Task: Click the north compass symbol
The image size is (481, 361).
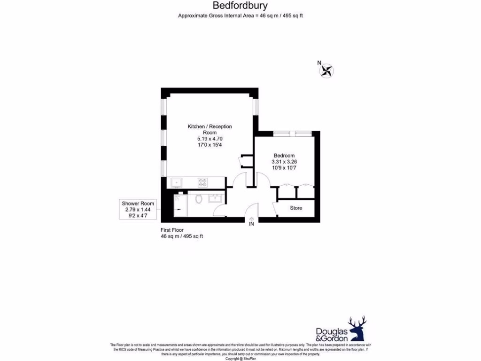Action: (x=326, y=71)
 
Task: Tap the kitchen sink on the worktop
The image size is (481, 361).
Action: (x=177, y=182)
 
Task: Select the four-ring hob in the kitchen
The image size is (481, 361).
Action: (x=203, y=182)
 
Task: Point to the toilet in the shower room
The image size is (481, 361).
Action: (x=199, y=199)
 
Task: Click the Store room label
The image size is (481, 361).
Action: (x=296, y=208)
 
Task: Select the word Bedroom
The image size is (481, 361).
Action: (x=284, y=156)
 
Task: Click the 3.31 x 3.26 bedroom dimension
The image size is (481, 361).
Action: (x=284, y=162)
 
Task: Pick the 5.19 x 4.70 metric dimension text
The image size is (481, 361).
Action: (x=209, y=139)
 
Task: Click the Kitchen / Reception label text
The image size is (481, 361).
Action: (x=209, y=126)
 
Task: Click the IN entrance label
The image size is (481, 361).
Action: (x=251, y=224)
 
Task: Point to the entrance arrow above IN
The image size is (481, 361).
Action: (x=251, y=219)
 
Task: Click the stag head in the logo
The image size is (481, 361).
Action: (x=357, y=327)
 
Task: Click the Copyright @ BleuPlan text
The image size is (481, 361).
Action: (x=240, y=358)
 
